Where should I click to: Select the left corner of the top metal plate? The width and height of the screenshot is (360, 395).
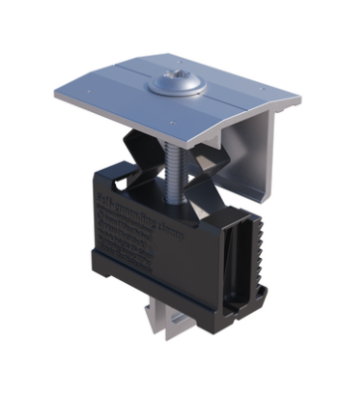[x=58, y=92]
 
